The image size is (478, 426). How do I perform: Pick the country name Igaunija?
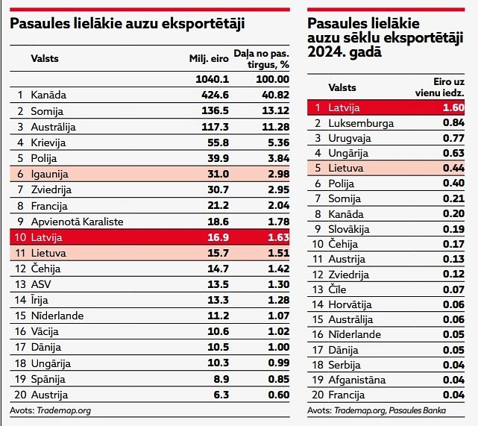pyautogui.click(x=50, y=174)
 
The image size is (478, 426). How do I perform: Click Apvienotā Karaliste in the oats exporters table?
pyautogui.click(x=78, y=222)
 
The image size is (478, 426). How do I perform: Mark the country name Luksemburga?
pyautogui.click(x=362, y=122)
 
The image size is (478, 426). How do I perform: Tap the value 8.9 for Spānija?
pyautogui.click(x=219, y=379)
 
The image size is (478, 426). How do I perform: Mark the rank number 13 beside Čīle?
pyautogui.click(x=318, y=289)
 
